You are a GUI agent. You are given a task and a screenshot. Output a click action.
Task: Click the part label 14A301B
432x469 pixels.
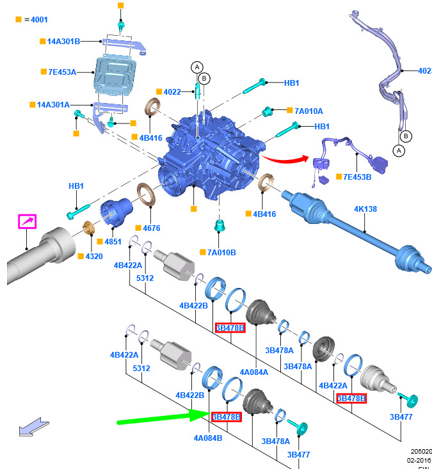pos(63,42)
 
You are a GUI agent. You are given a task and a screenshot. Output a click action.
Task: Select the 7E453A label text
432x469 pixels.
pos(62,72)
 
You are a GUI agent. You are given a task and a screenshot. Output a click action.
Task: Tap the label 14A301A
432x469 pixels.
pos(63,104)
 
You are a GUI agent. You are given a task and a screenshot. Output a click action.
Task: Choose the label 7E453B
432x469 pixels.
pos(356,177)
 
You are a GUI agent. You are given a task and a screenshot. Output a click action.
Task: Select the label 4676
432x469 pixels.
pos(152,228)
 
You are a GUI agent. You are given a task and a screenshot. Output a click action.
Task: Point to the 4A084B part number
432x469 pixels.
pos(209,438)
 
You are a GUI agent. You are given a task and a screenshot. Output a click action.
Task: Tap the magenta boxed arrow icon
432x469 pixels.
pos(26,222)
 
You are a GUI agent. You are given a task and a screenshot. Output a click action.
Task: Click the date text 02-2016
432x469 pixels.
pos(419,459)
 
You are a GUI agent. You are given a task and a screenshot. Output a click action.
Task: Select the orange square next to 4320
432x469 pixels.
pos(80,256)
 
